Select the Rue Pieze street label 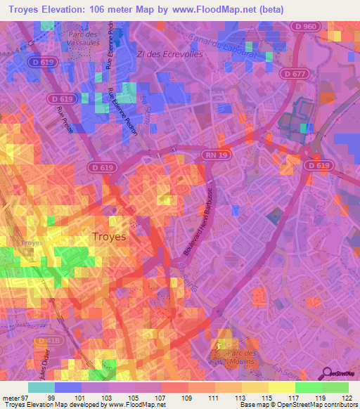pos(64,111)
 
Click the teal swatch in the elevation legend pos(41,387)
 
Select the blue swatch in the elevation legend pos(68,387)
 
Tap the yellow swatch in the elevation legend pos(282,387)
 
